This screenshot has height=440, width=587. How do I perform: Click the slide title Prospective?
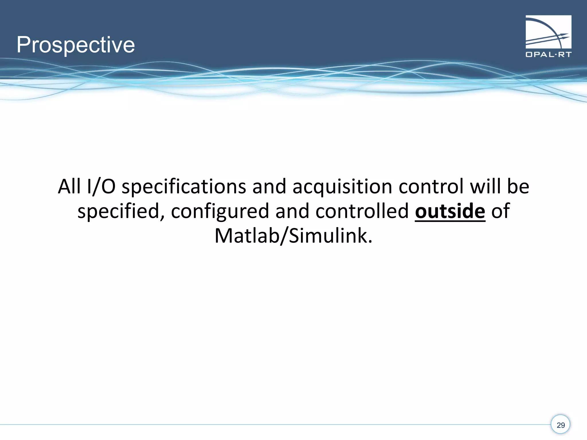[x=75, y=45]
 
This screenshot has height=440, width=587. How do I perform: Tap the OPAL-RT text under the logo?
[x=548, y=54]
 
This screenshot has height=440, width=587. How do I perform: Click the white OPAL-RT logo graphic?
[x=548, y=32]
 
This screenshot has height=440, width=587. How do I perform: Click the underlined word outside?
[x=450, y=211]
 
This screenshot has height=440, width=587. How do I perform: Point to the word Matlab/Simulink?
[x=293, y=236]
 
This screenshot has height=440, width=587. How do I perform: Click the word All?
[x=69, y=186]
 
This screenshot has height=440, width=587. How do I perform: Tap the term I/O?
[x=101, y=186]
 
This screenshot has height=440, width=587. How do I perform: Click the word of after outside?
[x=500, y=211]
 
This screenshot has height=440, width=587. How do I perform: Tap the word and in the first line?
[x=269, y=186]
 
